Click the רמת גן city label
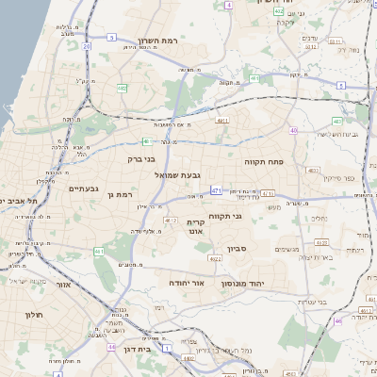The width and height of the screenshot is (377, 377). [123, 194]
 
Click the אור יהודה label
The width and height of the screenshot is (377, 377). [188, 283]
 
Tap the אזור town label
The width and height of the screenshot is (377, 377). [64, 284]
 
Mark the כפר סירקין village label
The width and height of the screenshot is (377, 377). [336, 177]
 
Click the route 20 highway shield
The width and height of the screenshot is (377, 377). [87, 45]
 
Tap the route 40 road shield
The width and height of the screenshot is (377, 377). [294, 131]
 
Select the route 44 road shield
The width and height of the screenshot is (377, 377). [111, 347]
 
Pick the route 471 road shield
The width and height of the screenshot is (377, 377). [217, 190]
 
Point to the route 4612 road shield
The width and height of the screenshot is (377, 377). [171, 220]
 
